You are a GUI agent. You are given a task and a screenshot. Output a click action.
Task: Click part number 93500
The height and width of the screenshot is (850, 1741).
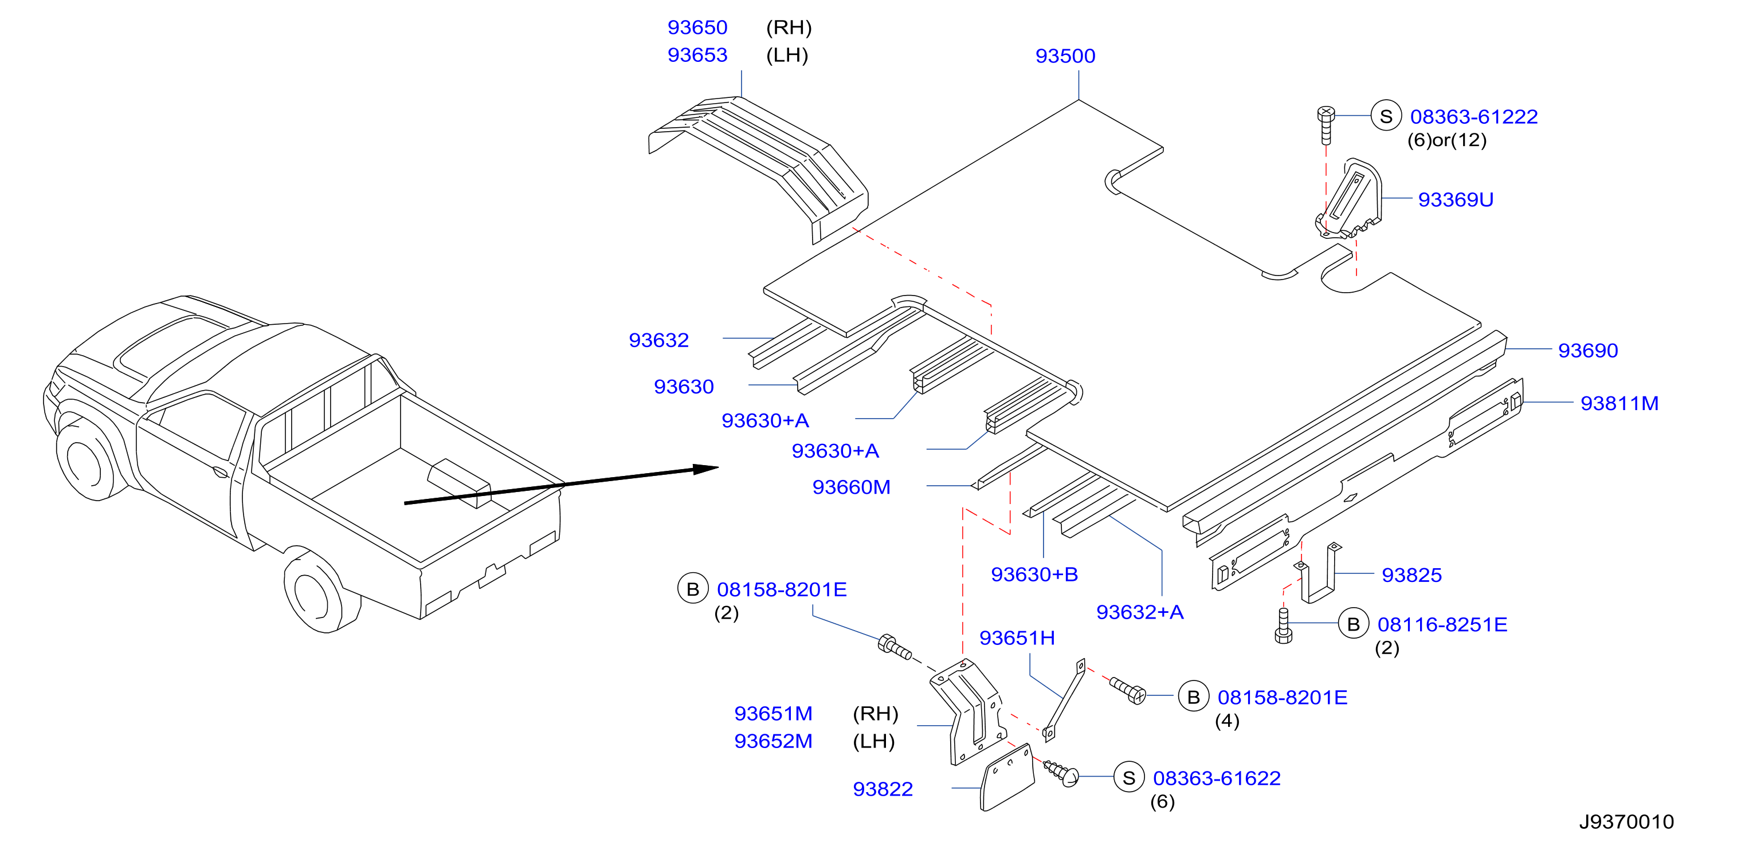[x=1065, y=56]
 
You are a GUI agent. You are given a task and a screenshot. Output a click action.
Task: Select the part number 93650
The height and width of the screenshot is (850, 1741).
[x=697, y=27]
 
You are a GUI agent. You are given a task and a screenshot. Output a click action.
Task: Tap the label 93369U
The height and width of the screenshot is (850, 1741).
[x=1455, y=200]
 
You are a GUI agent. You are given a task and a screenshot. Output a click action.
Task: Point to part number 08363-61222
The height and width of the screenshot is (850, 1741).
[x=1473, y=117]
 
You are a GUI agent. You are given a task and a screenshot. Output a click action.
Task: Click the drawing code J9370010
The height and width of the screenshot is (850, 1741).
[x=1626, y=821]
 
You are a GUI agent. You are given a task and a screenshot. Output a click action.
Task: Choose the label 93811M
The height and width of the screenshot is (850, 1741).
[x=1620, y=403]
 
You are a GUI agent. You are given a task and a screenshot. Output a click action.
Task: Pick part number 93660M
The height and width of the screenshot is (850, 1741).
[x=852, y=487]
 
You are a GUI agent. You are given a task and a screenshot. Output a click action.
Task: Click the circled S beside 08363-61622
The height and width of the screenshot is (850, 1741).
[x=1129, y=778]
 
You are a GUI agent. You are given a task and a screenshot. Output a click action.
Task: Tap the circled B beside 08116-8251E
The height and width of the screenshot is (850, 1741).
[x=1353, y=624]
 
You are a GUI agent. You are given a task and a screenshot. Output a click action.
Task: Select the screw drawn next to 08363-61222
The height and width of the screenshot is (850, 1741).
[x=1326, y=125]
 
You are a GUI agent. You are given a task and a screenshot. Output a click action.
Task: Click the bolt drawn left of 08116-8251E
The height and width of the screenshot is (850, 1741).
[x=1284, y=625]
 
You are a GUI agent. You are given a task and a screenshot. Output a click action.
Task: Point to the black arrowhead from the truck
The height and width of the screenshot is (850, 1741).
[x=705, y=468]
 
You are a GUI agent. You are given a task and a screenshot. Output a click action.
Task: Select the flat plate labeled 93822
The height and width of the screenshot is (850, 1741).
[x=1007, y=778]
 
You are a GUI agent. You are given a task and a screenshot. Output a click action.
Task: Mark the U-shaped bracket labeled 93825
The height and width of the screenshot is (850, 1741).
[x=1317, y=573]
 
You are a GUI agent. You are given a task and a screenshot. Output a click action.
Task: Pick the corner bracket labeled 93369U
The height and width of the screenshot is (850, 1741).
[x=1349, y=199]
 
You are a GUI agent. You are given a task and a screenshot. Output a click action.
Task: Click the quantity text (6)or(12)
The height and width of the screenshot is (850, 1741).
[x=1446, y=140]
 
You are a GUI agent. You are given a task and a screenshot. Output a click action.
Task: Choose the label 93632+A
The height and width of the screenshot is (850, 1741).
[x=1139, y=612]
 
